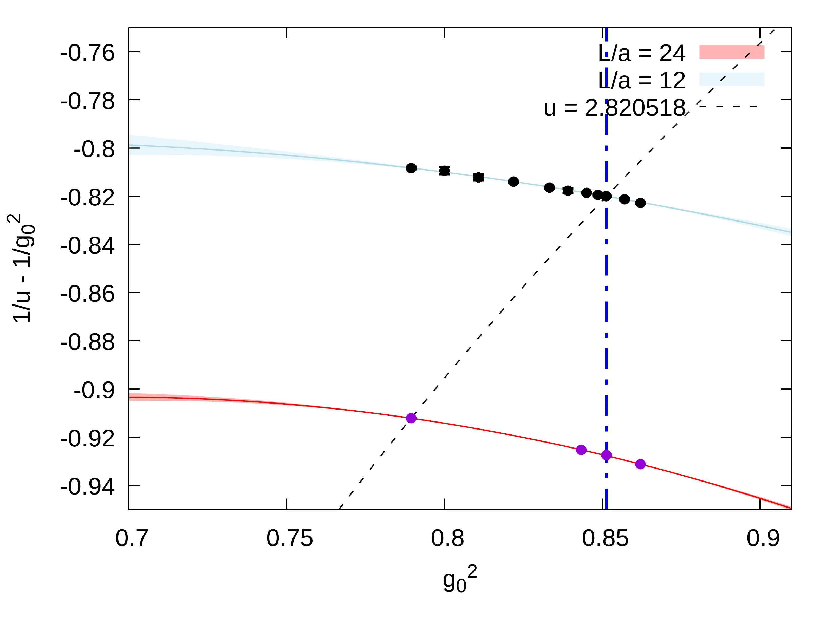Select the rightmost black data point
point(641,203)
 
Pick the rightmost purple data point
point(641,464)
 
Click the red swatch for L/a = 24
point(732,52)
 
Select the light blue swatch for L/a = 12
point(732,79)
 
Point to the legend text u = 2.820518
point(614,108)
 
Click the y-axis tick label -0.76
point(87,53)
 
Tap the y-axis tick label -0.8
point(94,149)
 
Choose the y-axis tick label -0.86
point(87,294)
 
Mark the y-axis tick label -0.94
point(87,487)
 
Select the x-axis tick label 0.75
point(290,538)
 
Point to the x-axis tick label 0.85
point(605,538)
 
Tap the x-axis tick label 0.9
point(763,538)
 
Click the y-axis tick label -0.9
point(94,391)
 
